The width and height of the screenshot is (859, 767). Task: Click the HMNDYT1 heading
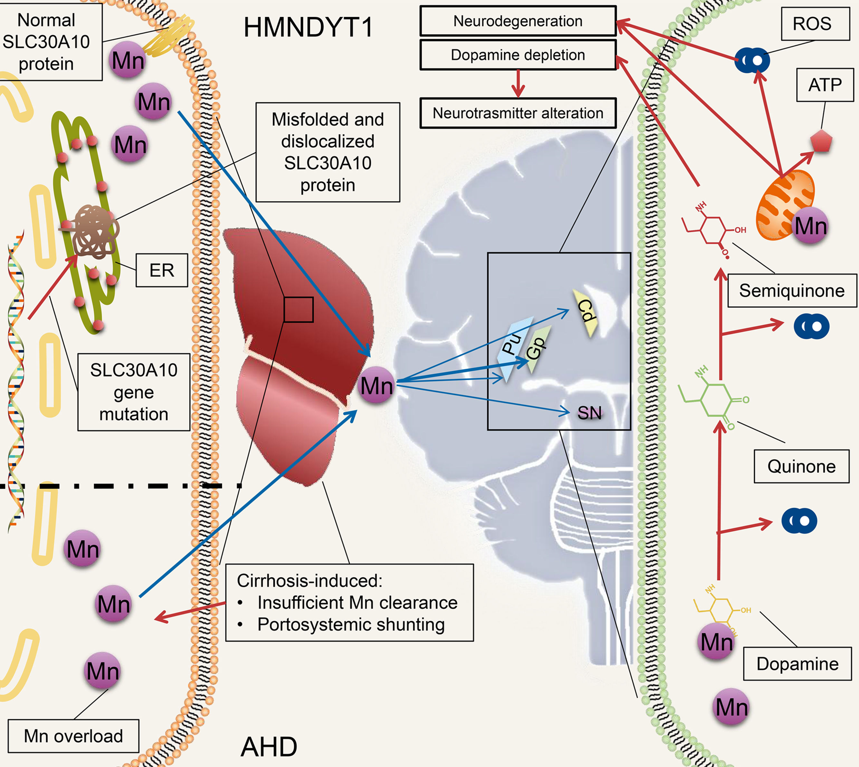tap(308, 28)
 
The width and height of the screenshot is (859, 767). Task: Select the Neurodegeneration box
tap(518, 21)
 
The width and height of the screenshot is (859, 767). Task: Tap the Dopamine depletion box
tap(518, 55)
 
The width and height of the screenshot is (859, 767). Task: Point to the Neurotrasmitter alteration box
tap(518, 113)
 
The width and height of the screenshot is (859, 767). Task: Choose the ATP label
tap(825, 85)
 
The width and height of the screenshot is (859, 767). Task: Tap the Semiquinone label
tap(792, 291)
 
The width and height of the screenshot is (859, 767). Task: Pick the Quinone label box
tap(801, 466)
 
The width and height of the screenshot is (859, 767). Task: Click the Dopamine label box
tap(797, 664)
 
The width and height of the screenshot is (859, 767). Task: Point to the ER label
tap(162, 270)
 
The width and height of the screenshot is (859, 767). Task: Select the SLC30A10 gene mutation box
tap(134, 392)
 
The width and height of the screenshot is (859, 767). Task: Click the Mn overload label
tap(73, 736)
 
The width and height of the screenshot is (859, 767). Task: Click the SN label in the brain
tap(589, 413)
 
